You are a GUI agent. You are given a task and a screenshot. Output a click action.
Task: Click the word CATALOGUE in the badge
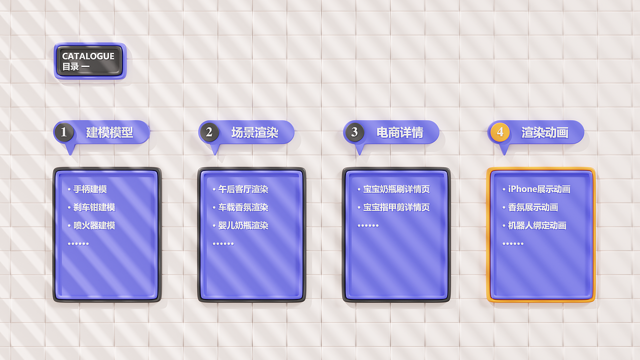point(88,56)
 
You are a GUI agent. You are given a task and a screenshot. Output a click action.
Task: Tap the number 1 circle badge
point(64,132)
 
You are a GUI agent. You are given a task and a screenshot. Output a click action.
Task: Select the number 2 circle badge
point(209,132)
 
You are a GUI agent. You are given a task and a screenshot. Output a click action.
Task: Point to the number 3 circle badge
point(354,132)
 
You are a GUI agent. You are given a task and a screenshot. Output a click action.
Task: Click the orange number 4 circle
point(499,132)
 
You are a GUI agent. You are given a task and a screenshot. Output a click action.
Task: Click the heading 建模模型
point(109,132)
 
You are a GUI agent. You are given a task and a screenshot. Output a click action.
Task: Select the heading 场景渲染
point(254,132)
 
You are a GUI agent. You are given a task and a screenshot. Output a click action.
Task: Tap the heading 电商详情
point(399,132)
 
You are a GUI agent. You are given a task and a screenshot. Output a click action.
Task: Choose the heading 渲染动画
point(544,132)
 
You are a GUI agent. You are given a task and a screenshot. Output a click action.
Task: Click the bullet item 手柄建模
point(90,189)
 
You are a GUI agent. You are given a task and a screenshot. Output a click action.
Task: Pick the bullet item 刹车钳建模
point(94,207)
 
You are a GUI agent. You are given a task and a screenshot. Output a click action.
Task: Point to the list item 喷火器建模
point(94,225)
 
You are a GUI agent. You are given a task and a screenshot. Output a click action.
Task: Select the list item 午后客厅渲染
point(243,189)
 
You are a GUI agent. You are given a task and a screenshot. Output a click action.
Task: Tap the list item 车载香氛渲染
point(243,207)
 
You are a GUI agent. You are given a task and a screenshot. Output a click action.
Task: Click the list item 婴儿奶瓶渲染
point(243,225)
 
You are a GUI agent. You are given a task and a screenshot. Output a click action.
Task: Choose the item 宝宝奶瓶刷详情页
point(396,189)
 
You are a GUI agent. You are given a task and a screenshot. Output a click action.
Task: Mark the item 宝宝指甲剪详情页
point(396,207)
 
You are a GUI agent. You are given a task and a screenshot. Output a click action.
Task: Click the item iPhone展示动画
point(539,189)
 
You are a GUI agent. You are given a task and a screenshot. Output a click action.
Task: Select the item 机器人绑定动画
point(537,225)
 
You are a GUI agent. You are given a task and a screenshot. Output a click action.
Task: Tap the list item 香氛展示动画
point(533,207)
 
